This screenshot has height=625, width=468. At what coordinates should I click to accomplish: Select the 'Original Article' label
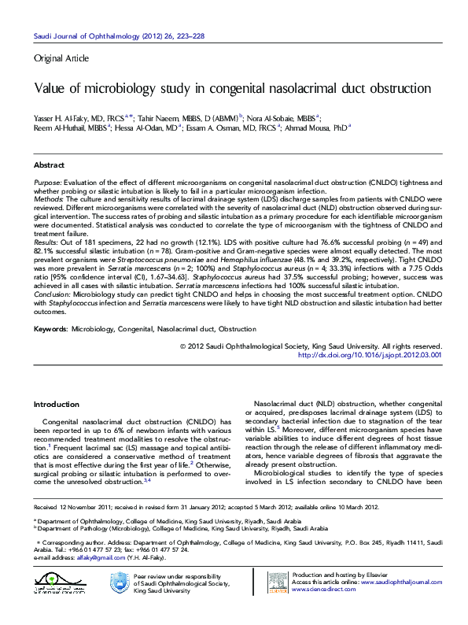pyautogui.click(x=61, y=58)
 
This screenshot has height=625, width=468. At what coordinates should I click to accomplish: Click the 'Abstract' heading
pyautogui.click(x=49, y=165)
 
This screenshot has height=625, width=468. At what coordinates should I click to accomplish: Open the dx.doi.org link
pyautogui.click(x=370, y=355)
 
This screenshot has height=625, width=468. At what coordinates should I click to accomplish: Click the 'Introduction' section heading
pyautogui.click(x=56, y=404)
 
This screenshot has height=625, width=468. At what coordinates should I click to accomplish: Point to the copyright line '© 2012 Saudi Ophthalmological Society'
pyautogui.click(x=311, y=346)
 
